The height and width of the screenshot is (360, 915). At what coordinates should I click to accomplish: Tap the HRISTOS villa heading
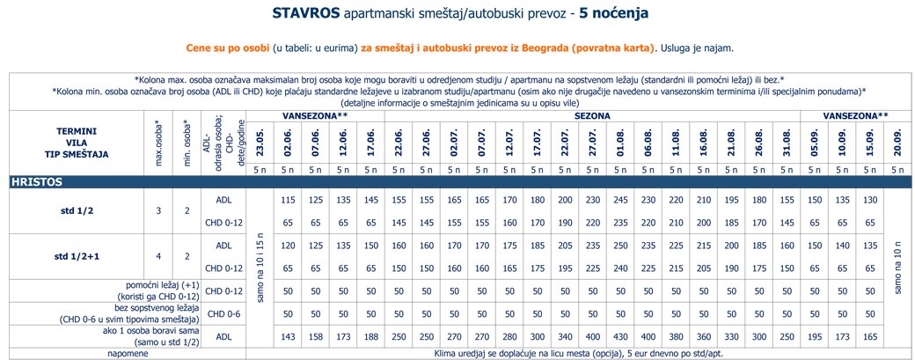37,182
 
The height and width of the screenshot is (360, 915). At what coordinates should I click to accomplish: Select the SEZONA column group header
592,116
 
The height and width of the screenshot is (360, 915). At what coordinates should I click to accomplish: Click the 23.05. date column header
260,143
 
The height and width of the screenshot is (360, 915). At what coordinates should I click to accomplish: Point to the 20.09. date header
897,143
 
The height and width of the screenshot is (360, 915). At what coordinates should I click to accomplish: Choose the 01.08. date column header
620,143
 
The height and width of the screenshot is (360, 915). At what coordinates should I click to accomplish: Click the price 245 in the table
620,200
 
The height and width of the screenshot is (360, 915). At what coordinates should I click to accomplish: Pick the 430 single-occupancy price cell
620,336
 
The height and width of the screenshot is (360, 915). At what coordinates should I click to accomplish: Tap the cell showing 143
287,336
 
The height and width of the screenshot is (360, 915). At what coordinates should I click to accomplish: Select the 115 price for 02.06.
287,200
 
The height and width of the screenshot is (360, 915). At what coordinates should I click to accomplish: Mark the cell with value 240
620,268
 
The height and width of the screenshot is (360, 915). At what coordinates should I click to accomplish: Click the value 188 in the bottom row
370,336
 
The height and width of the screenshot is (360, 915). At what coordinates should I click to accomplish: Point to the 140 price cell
842,246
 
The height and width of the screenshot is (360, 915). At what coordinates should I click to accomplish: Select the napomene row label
128,354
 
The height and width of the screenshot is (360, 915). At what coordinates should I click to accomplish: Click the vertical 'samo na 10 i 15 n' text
260,266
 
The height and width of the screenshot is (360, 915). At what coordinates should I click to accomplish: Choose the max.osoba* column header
158,143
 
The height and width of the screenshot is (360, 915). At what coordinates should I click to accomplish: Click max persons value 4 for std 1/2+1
158,257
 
